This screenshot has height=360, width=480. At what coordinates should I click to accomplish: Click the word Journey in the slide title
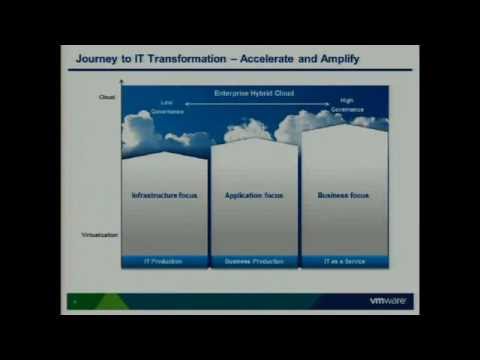98,59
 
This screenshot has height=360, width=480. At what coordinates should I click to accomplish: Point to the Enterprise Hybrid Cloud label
255,93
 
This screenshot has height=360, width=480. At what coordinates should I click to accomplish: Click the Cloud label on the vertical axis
108,97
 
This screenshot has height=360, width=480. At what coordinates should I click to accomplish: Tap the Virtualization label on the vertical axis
100,235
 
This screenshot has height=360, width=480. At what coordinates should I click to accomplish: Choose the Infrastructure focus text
165,195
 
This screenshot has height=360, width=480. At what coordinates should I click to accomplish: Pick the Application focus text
255,195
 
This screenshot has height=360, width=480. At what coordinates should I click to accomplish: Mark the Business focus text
343,195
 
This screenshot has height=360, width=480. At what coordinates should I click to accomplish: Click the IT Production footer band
165,261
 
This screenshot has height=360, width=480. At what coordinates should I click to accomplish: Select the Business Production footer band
255,261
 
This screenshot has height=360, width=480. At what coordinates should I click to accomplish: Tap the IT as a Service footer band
344,261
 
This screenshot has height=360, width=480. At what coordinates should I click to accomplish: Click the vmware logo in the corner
388,300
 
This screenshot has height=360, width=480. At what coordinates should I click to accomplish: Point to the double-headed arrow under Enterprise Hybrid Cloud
257,102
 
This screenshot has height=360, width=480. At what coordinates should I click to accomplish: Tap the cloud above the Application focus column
248,130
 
